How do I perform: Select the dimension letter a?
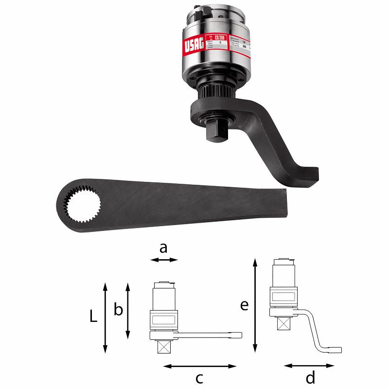[x=163, y=248]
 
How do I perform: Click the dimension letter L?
[x=93, y=317]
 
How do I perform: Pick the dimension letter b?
[x=118, y=310]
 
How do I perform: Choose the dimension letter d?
[x=311, y=377]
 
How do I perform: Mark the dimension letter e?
[x=244, y=305]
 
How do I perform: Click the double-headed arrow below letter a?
[x=164, y=260]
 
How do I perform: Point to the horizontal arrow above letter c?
[x=199, y=365]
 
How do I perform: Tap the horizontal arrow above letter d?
[x=309, y=365]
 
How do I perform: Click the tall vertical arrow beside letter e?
[x=255, y=306]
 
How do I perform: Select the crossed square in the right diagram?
[x=282, y=322]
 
